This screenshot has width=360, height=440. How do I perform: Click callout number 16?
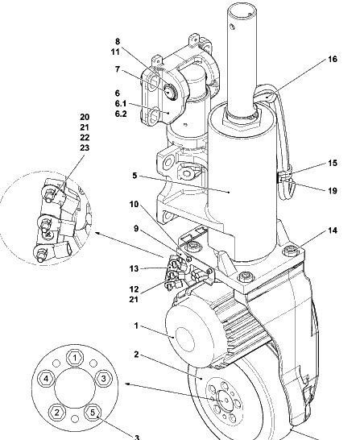(x=333, y=59)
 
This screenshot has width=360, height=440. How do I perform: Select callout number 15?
(x=333, y=163)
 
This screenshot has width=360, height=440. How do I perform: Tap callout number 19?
(x=333, y=191)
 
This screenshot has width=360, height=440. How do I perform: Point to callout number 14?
(x=333, y=230)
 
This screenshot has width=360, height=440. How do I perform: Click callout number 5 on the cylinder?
(x=134, y=176)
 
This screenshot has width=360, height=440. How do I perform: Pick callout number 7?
(x=118, y=69)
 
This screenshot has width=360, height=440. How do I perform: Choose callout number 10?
(x=134, y=204)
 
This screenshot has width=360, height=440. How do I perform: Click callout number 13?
(x=134, y=268)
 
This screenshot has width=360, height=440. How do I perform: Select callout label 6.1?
(x=121, y=103)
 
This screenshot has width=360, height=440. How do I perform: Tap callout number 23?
(x=85, y=147)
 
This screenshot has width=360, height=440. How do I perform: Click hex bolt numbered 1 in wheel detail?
(x=75, y=358)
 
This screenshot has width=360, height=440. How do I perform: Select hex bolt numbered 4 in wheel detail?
(x=46, y=379)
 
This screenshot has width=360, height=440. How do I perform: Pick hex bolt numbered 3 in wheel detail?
(x=103, y=379)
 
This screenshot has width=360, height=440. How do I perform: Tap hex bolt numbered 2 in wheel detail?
(x=57, y=413)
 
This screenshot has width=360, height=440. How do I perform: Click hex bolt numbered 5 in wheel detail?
(x=93, y=413)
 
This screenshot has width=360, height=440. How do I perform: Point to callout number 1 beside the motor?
(x=136, y=326)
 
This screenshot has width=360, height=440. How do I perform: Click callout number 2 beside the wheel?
(x=136, y=355)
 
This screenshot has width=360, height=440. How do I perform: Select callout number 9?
(x=136, y=229)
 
